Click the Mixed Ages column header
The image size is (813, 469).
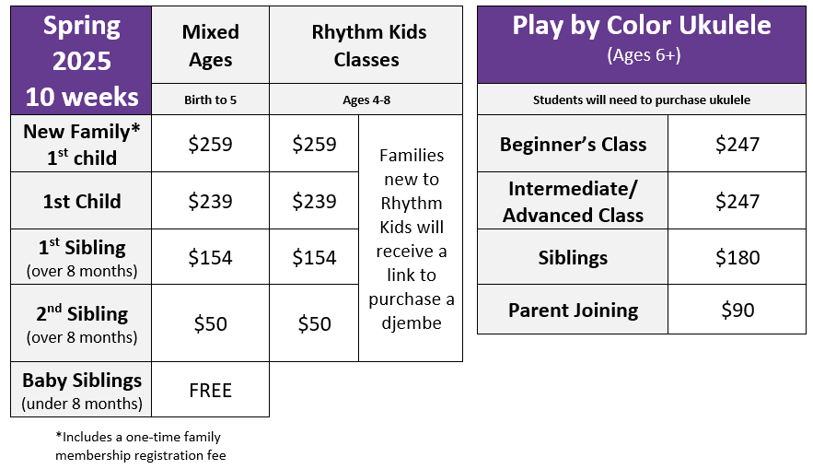[211, 46]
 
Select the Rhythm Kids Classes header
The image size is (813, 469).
[368, 46]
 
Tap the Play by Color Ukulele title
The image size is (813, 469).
[642, 25]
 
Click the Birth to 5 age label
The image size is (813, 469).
[211, 100]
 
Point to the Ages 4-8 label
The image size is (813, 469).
[366, 100]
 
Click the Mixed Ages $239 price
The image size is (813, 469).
[211, 201]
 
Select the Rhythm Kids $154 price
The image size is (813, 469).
[314, 257]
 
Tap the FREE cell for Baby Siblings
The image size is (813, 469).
[211, 390]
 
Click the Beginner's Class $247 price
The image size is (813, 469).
[738, 144]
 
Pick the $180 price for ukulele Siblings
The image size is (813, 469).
[738, 257]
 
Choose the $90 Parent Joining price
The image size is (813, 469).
[738, 310]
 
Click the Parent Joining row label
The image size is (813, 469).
[573, 311]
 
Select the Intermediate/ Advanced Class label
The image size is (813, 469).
[573, 201]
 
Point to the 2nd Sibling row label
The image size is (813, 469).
[82, 323]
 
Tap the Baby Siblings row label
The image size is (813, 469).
[82, 391]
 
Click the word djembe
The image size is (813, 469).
[412, 323]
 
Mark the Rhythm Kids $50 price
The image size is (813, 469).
[314, 323]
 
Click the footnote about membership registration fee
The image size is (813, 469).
[141, 446]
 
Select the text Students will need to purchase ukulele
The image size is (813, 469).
[642, 100]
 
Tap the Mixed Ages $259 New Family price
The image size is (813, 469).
[211, 144]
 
